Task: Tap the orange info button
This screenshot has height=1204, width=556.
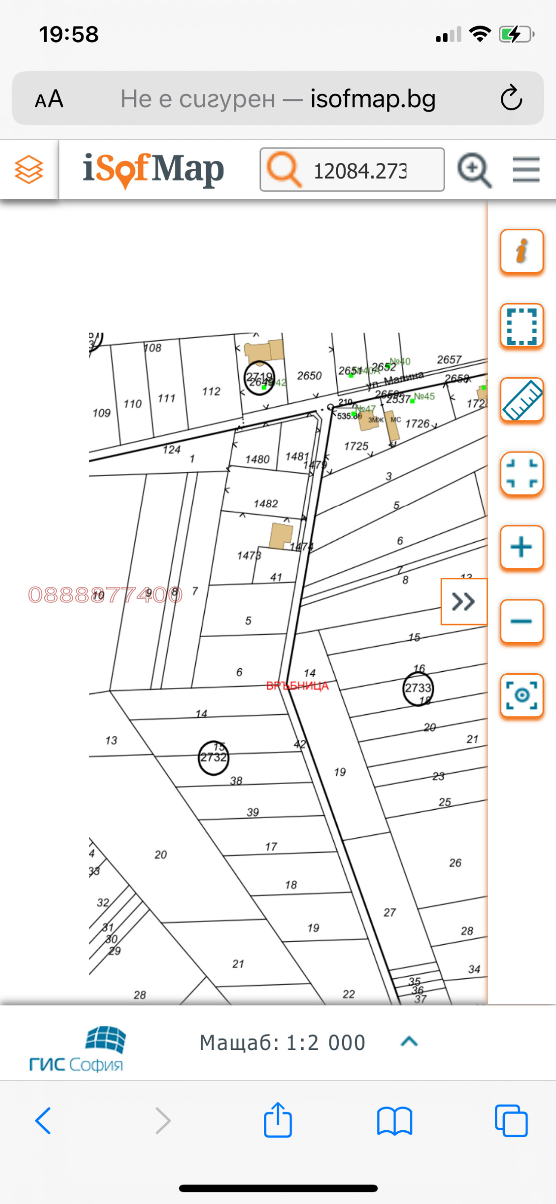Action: tap(521, 251)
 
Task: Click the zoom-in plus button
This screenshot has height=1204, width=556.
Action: tap(521, 547)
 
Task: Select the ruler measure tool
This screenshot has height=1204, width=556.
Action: tap(521, 399)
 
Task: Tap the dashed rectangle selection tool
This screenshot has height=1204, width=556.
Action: tap(521, 325)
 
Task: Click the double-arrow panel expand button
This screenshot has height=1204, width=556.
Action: tap(464, 601)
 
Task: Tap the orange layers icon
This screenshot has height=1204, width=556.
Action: tap(29, 170)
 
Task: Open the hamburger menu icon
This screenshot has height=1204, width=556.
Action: tap(525, 170)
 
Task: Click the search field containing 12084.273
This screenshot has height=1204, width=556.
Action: tap(359, 171)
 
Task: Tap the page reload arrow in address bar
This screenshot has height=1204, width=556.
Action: tap(511, 98)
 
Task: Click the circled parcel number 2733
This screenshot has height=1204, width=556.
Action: tap(418, 688)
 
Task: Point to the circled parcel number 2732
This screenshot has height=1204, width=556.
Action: tap(213, 757)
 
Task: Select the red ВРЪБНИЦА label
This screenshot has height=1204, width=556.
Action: tap(297, 686)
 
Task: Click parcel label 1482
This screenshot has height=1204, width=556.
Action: tap(265, 503)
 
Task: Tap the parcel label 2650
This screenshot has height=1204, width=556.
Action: tap(309, 375)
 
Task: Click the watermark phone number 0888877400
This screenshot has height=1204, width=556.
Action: tap(105, 594)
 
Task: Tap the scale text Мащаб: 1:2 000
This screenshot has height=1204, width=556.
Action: tap(282, 1042)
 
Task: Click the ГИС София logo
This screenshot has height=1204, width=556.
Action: tap(76, 1048)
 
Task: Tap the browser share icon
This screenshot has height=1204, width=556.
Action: tap(277, 1120)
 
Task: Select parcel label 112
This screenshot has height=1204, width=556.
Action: tap(211, 391)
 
